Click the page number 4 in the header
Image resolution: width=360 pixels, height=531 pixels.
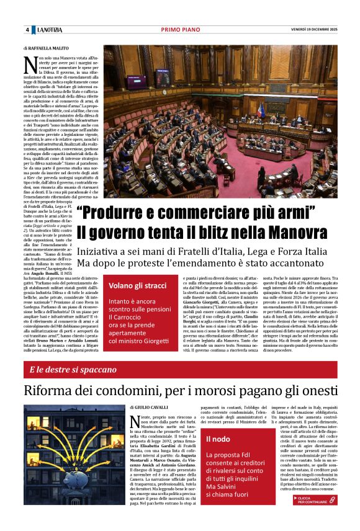tap(27, 30)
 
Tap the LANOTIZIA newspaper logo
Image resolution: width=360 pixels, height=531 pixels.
tap(49, 30)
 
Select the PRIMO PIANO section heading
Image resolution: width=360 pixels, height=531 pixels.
tap(180, 30)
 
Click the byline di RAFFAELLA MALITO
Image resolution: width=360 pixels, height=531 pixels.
tap(47, 47)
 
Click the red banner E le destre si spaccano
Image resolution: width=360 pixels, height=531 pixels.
tap(73, 370)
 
